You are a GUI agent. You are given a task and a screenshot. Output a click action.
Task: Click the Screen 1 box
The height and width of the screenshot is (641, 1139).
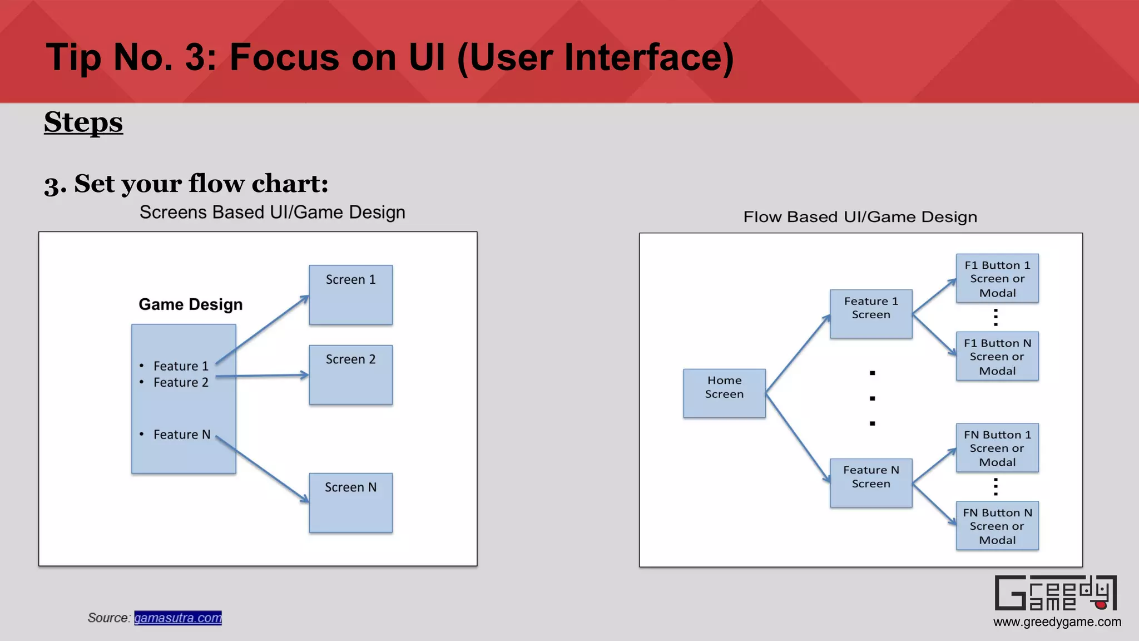[350, 295]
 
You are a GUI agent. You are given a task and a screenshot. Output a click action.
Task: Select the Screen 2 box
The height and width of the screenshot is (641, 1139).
[350, 374]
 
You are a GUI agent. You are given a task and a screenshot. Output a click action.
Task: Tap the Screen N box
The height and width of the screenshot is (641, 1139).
[350, 502]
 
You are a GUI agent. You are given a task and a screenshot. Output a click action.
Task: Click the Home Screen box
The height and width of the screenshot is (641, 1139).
[724, 393]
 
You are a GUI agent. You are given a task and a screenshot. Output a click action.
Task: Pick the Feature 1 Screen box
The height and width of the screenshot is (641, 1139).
[871, 313]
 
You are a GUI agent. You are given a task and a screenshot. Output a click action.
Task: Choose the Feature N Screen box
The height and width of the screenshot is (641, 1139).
[871, 482]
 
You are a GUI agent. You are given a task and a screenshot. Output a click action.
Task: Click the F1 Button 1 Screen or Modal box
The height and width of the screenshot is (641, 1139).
[997, 278]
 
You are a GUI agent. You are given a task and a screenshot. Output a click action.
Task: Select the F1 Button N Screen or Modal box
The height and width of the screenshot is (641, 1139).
[997, 356]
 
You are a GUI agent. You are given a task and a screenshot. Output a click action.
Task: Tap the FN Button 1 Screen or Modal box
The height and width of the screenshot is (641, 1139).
[997, 447]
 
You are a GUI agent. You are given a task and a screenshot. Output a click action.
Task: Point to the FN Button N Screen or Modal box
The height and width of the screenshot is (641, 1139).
[997, 525]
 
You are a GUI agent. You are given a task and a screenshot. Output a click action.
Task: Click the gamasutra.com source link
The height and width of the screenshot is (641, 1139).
[178, 618]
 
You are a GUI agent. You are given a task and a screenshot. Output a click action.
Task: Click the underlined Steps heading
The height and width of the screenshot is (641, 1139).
[83, 122]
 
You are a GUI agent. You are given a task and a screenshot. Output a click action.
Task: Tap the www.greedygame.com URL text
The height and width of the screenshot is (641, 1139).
[1057, 622]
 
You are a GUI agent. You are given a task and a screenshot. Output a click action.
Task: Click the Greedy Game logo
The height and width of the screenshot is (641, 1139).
[1055, 593]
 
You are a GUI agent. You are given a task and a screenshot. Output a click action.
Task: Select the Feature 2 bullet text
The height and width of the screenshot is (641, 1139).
[180, 382]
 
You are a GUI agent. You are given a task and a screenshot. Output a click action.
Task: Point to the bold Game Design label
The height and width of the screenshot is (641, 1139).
[190, 304]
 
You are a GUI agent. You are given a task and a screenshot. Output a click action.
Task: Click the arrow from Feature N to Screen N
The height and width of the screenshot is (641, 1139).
[261, 469]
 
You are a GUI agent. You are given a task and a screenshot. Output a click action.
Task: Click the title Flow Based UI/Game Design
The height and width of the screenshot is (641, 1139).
[860, 217]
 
